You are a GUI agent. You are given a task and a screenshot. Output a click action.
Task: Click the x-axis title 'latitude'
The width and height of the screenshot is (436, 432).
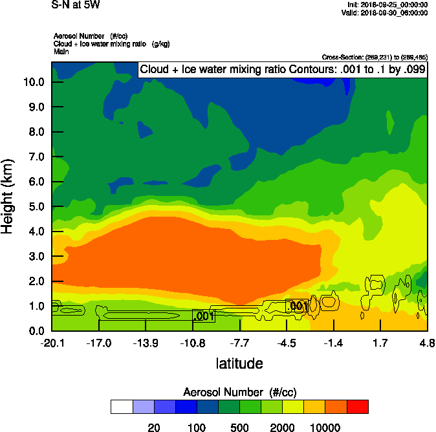pyautogui.click(x=239, y=363)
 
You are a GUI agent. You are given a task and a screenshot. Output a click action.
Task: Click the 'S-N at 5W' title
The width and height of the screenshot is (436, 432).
pyautogui.click(x=76, y=5)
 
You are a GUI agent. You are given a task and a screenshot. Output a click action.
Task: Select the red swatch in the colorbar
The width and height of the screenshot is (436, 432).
pyautogui.click(x=358, y=407)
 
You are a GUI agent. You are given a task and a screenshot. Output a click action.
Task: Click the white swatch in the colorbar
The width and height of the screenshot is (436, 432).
pyautogui.click(x=122, y=407)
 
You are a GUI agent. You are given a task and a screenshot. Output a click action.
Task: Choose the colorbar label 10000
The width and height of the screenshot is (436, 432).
pyautogui.click(x=325, y=427)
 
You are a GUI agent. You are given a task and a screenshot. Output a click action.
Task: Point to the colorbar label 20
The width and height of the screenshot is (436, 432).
pyautogui.click(x=153, y=427)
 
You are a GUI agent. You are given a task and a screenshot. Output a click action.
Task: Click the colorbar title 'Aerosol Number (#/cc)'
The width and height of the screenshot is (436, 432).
pyautogui.click(x=239, y=393)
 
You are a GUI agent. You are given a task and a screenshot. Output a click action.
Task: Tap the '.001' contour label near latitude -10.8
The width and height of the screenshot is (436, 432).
pyautogui.click(x=204, y=316)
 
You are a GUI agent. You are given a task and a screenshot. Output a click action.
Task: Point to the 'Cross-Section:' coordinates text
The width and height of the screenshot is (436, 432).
pyautogui.click(x=375, y=58)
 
